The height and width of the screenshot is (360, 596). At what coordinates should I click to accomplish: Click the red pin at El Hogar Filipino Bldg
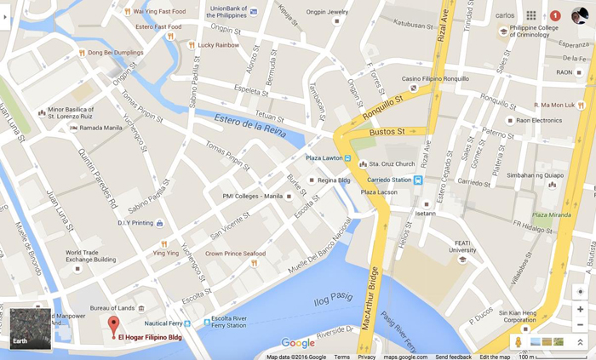click(113, 324)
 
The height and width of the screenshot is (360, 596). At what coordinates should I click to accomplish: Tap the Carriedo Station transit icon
click(418, 180)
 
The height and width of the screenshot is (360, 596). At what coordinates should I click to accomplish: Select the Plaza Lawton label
click(323, 158)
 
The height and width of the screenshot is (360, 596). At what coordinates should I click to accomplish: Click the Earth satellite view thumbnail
click(31, 328)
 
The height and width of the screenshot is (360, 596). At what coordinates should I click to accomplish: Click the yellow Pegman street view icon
click(518, 342)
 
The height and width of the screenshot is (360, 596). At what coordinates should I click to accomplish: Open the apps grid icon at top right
click(531, 15)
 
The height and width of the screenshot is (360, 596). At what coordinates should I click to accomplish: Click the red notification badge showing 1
click(555, 15)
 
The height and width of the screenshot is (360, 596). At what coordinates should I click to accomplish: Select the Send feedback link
click(454, 357)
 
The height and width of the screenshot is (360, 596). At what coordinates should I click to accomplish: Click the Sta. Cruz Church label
click(393, 164)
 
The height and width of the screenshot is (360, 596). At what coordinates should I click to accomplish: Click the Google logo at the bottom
click(298, 343)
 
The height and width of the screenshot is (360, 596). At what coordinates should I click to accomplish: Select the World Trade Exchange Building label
click(90, 256)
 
